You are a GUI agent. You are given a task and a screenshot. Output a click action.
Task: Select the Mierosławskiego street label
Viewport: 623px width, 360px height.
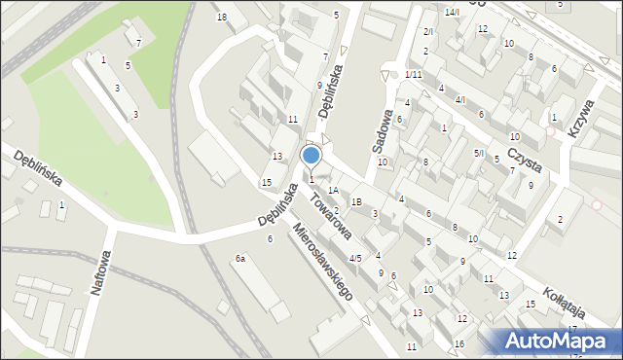click(323, 263)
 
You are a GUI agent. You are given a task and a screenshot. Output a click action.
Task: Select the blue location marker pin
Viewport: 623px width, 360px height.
click(311, 157)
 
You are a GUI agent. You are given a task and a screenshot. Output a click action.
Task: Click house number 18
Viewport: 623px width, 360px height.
click(222, 18)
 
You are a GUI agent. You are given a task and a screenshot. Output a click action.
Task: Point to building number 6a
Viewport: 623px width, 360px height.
click(239, 259)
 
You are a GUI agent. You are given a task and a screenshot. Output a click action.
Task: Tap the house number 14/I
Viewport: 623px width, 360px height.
click(452, 12)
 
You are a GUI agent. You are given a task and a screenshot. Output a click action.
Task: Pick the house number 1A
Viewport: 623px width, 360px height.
click(333, 191)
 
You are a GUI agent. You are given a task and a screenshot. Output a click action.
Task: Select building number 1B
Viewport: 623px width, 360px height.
click(357, 201)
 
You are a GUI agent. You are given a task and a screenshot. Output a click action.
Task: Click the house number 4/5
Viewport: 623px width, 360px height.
click(356, 258)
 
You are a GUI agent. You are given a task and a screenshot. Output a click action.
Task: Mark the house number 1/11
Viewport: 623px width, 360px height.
click(414, 75)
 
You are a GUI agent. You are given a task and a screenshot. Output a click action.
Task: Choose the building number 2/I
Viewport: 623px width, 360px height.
click(428, 32)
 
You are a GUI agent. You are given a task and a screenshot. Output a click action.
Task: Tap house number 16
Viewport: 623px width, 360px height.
click(458, 344)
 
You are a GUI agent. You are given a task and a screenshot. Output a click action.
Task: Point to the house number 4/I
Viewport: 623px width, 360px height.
click(461, 100)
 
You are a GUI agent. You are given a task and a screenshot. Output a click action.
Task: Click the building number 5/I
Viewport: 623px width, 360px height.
click(478, 153)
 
